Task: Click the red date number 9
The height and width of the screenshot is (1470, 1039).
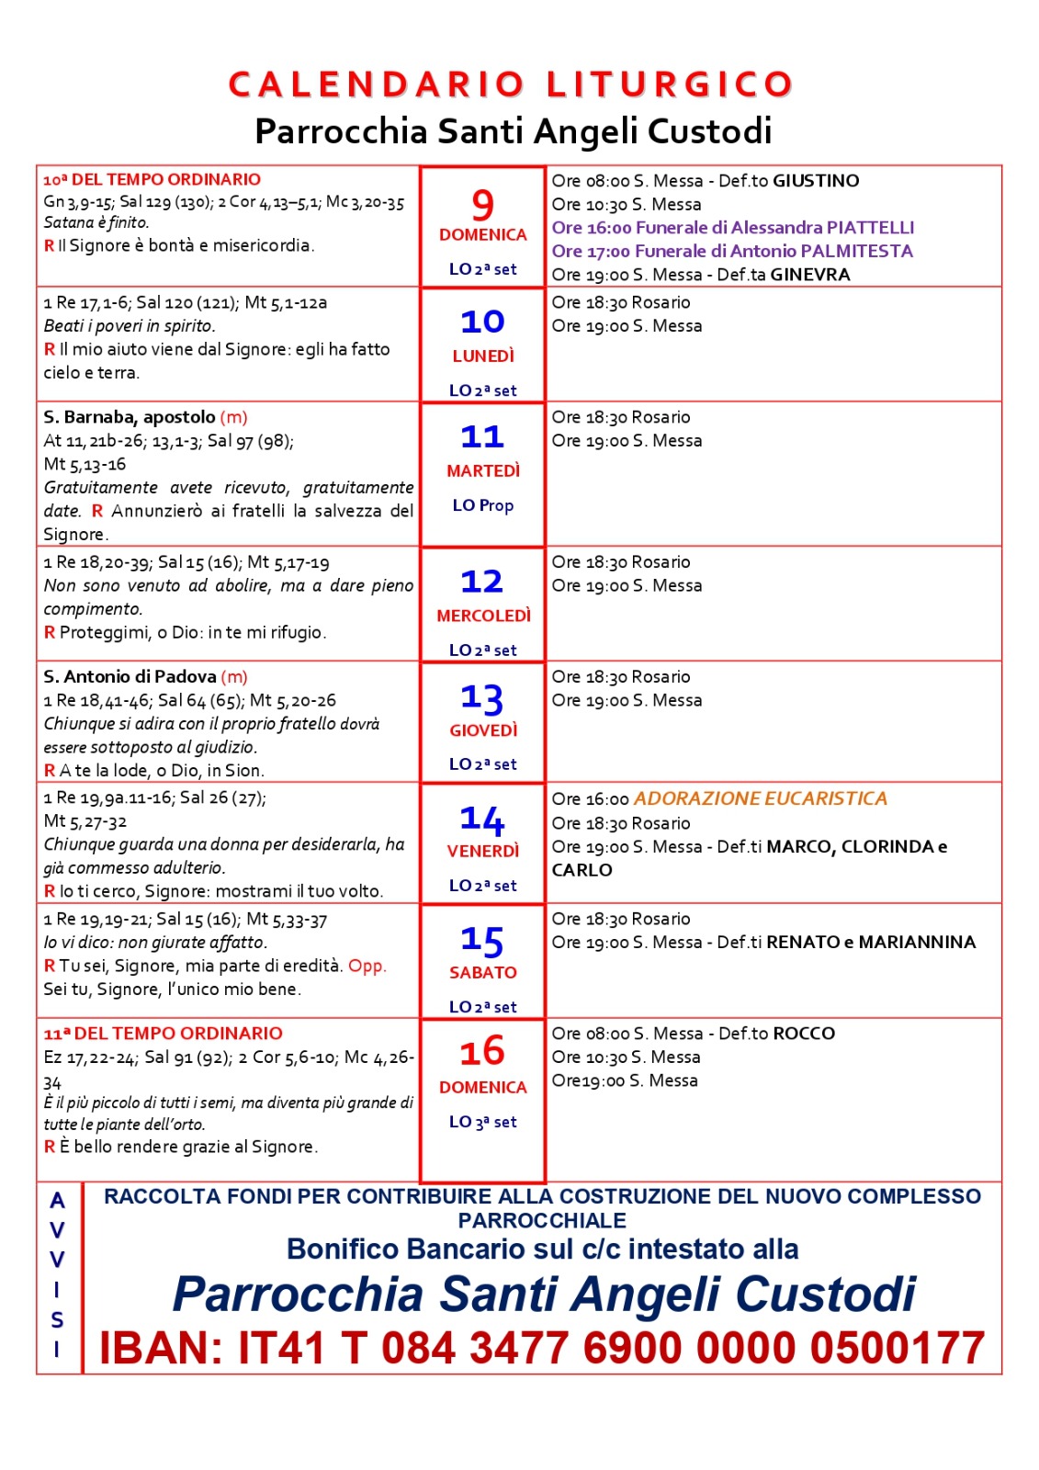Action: pyautogui.click(x=482, y=204)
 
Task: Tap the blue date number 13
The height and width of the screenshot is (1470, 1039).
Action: pyautogui.click(x=482, y=698)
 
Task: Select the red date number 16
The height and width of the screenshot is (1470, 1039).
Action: pyautogui.click(x=482, y=1051)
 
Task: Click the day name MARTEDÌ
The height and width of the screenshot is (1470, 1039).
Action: pyautogui.click(x=483, y=471)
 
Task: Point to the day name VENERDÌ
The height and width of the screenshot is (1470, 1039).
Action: pyautogui.click(x=483, y=852)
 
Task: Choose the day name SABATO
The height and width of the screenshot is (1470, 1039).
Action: pyautogui.click(x=483, y=973)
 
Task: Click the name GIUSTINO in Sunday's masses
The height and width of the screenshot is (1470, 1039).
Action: pyautogui.click(x=816, y=181)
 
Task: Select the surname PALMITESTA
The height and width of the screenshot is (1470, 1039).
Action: pyautogui.click(x=856, y=251)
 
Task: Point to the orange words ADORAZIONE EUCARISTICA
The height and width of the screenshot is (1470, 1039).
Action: pyautogui.click(x=761, y=798)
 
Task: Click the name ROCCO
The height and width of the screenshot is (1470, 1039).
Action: pyautogui.click(x=804, y=1034)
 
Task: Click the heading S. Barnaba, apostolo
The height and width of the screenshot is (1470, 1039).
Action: pyautogui.click(x=130, y=417)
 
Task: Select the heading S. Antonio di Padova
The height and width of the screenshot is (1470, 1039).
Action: pyautogui.click(x=130, y=677)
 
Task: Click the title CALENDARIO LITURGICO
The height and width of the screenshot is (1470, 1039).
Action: pyautogui.click(x=511, y=85)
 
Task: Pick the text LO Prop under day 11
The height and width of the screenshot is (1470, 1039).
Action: pyautogui.click(x=483, y=505)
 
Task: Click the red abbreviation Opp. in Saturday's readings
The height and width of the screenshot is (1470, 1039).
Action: pyautogui.click(x=367, y=966)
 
